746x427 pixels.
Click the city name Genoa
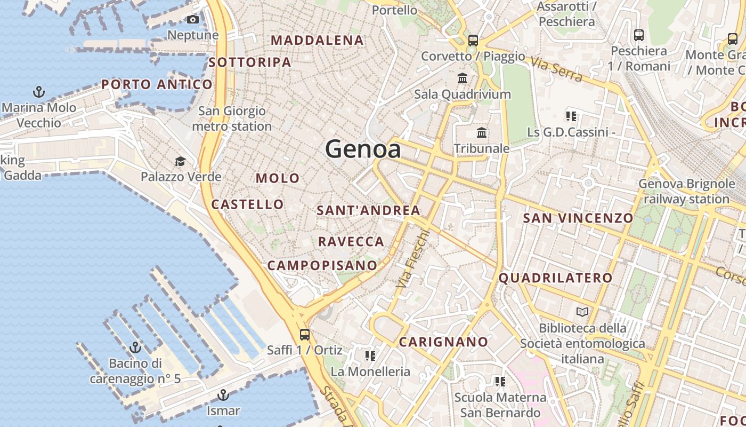coord(363,149)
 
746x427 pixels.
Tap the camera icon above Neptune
coord(193,20)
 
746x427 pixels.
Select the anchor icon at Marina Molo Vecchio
coord(39,92)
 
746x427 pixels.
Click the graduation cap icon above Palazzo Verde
coord(181,161)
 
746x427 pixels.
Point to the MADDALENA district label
coord(318,40)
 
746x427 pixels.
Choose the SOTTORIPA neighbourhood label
coord(250,62)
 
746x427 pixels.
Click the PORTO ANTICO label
coord(157,84)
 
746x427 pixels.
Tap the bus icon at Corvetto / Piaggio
coord(473,40)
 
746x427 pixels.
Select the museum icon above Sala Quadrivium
coord(463,78)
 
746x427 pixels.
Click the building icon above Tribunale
coord(482,132)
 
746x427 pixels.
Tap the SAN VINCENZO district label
coord(578,218)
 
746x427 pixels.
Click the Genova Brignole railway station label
coord(686,192)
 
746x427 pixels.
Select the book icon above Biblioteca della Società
coord(582,312)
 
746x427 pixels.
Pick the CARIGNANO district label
coord(443,342)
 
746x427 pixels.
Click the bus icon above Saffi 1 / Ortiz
coord(304,335)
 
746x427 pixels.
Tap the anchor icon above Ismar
coord(223,395)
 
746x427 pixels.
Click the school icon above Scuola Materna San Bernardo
coord(500,381)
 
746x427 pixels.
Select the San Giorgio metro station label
coord(232,119)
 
